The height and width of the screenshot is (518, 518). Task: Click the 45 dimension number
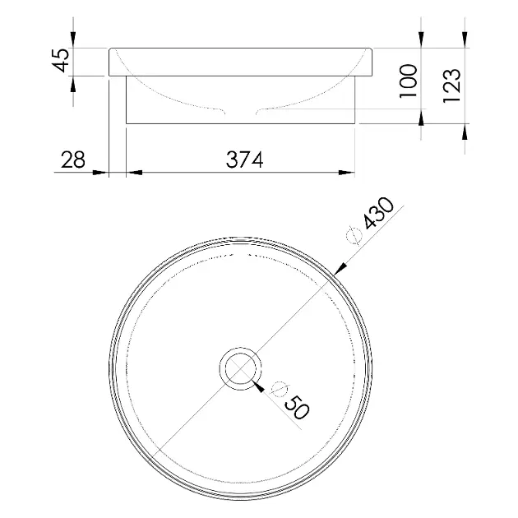tap(61, 60)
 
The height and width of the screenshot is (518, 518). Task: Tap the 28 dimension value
tap(73, 160)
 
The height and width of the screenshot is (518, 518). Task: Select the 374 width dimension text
tap(244, 160)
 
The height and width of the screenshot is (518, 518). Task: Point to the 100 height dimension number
tap(409, 81)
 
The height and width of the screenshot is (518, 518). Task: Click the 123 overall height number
tap(451, 86)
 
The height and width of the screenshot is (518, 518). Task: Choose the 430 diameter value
tap(378, 213)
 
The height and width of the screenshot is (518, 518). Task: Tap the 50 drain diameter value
tap(297, 407)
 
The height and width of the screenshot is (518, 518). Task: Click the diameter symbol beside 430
tap(354, 235)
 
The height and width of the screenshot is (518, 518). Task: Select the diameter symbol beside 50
tap(279, 389)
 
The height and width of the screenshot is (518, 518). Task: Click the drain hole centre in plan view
tap(240, 368)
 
